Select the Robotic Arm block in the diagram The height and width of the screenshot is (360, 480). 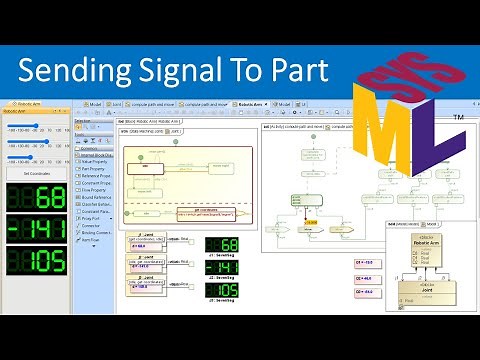click(418, 245)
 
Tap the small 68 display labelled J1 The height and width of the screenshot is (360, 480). click(221, 245)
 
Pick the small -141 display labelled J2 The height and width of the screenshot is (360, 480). click(221, 269)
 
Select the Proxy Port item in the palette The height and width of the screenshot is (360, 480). click(96, 219)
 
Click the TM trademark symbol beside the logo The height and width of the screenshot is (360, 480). click(457, 119)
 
